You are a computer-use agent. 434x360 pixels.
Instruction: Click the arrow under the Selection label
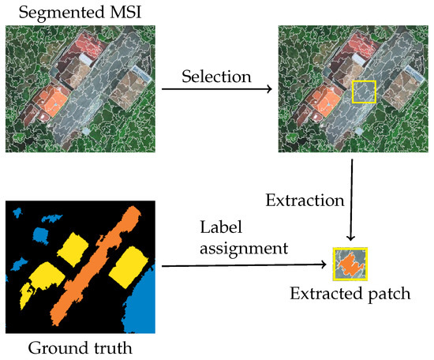pyautogui.click(x=217, y=90)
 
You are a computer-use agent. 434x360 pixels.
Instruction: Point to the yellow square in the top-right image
pyautogui.click(x=364, y=92)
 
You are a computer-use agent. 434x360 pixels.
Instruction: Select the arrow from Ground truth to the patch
pyautogui.click(x=245, y=265)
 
